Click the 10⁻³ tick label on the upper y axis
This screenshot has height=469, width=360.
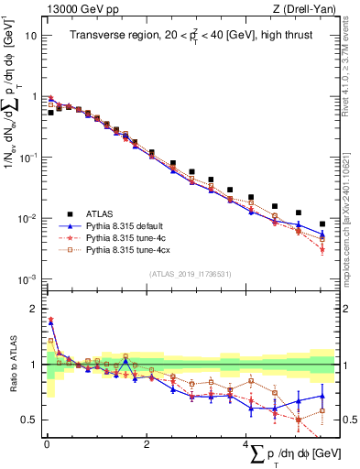(29, 278)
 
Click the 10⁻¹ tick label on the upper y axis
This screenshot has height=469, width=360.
(29, 157)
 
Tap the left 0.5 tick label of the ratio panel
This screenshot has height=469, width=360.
(30, 420)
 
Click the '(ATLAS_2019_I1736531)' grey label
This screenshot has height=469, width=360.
(191, 273)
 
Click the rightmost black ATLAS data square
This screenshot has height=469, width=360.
(322, 224)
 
